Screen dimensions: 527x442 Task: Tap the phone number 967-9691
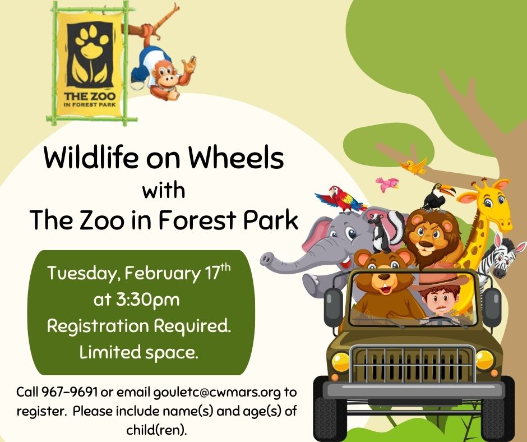[70, 392]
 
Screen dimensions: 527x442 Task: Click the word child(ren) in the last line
[156, 430]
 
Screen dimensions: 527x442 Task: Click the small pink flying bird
[387, 185]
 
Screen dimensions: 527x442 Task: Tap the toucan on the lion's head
[437, 197]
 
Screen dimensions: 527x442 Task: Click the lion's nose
[425, 242]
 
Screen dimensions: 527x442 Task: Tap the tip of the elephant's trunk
[266, 260]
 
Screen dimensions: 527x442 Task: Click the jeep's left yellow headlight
[340, 362]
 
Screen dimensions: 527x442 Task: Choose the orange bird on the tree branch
[414, 166]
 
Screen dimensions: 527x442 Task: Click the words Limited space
[138, 352]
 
